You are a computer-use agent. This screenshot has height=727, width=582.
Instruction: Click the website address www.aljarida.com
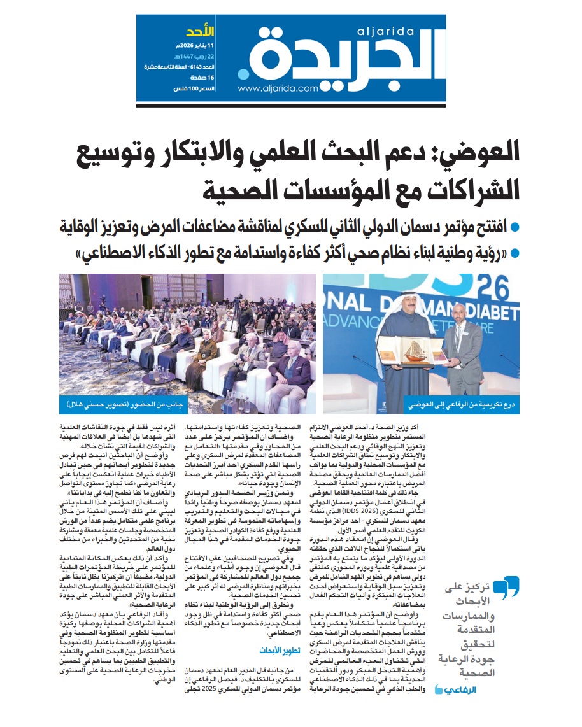click(278, 89)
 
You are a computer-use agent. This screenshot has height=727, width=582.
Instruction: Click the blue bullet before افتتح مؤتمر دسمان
click(515, 227)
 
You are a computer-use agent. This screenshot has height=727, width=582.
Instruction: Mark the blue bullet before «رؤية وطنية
click(515, 253)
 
